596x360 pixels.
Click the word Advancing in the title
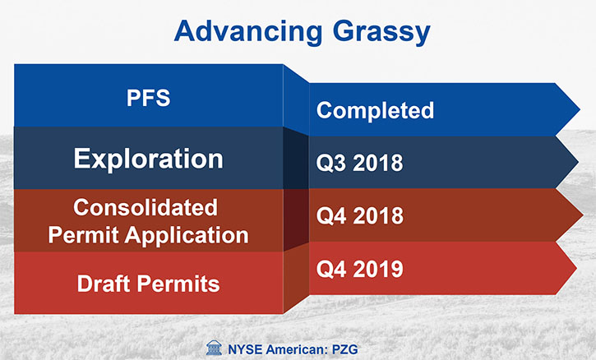click(x=248, y=31)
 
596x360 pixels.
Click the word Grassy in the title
click(x=381, y=32)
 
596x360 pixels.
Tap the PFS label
click(x=148, y=98)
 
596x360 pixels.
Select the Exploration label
click(x=148, y=159)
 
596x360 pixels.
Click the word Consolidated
click(x=146, y=208)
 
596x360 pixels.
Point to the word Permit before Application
click(x=84, y=235)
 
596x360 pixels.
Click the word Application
click(x=187, y=236)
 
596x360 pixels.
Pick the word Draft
click(x=104, y=284)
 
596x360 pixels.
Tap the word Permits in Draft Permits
click(x=178, y=284)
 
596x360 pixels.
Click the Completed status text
click(x=375, y=111)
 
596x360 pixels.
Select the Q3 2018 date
click(x=359, y=163)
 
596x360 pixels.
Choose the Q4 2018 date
click(x=359, y=215)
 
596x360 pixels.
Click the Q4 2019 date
click(x=359, y=269)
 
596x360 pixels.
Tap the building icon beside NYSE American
click(x=214, y=348)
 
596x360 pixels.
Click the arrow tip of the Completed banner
click(x=580, y=110)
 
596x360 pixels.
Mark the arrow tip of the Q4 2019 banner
click(x=576, y=269)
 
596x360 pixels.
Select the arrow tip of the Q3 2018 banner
click(x=578, y=162)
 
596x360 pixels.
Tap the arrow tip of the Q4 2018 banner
click(x=583, y=215)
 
